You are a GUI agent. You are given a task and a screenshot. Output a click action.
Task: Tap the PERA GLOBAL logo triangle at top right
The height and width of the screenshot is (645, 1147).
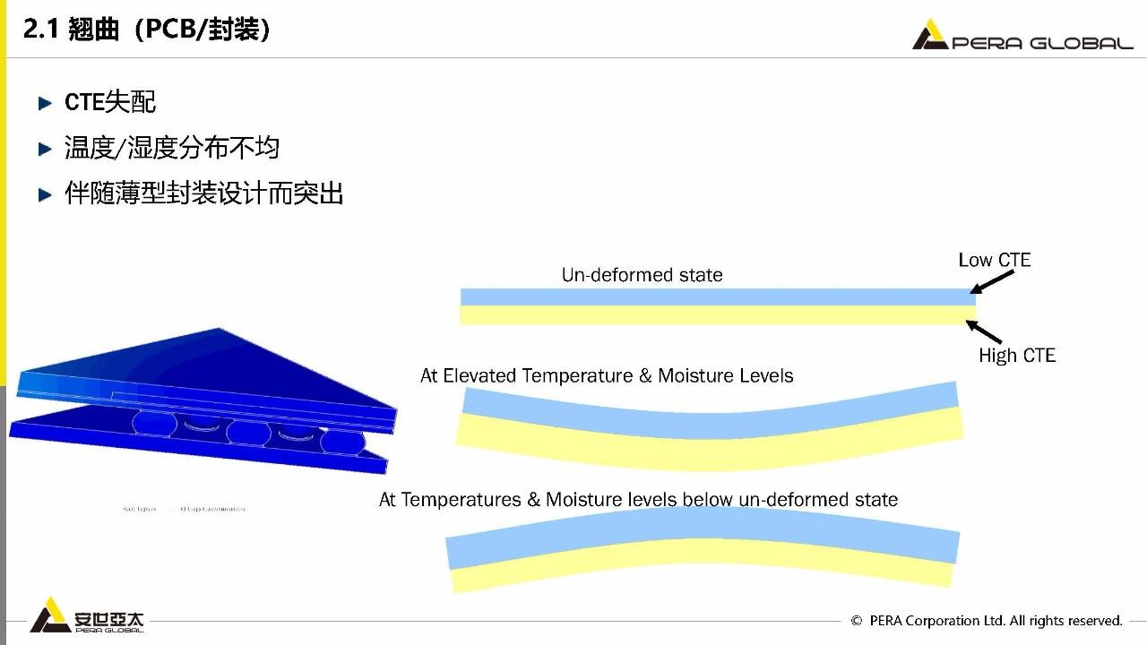(929, 36)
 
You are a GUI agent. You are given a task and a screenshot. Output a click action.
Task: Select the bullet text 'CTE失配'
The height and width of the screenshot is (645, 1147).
(110, 102)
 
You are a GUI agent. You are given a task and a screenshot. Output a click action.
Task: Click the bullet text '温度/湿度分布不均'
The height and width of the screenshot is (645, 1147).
(172, 147)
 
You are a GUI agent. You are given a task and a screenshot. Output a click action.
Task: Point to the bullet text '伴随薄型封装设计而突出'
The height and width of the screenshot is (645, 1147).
(204, 193)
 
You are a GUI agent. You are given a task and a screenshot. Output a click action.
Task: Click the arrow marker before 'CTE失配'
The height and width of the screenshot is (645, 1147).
(46, 103)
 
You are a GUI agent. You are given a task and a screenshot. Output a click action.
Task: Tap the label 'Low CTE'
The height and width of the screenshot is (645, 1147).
(994, 260)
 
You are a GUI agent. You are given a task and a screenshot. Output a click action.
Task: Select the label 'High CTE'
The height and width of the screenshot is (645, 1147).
(1016, 356)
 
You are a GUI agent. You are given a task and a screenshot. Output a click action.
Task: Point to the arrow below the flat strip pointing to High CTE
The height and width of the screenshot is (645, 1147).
(984, 331)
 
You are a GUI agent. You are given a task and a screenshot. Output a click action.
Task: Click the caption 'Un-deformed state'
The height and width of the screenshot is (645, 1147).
(642, 275)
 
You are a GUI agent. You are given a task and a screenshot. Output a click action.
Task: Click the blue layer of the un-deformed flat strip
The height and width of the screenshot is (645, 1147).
(717, 297)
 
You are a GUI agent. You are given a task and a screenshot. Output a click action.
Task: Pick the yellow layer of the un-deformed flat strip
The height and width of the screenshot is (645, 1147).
(717, 315)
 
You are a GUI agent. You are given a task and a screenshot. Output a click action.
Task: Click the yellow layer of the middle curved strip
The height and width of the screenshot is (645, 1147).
(708, 452)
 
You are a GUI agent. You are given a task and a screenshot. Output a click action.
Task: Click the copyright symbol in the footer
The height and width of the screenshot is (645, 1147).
(857, 621)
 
